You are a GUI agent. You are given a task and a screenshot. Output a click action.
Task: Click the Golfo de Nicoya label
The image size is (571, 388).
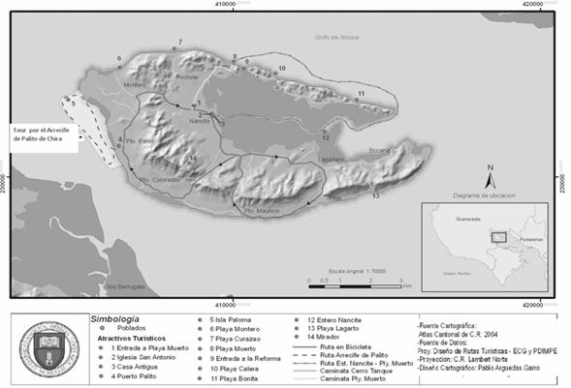pyautogui.click(x=336, y=37)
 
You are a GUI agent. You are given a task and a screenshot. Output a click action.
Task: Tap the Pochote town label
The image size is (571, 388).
pyautogui.click(x=187, y=76)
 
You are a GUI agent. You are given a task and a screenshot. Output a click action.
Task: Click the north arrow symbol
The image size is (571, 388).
pyautogui.click(x=491, y=176)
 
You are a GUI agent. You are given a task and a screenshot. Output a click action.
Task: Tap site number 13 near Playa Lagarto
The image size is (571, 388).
pyautogui.click(x=374, y=196)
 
